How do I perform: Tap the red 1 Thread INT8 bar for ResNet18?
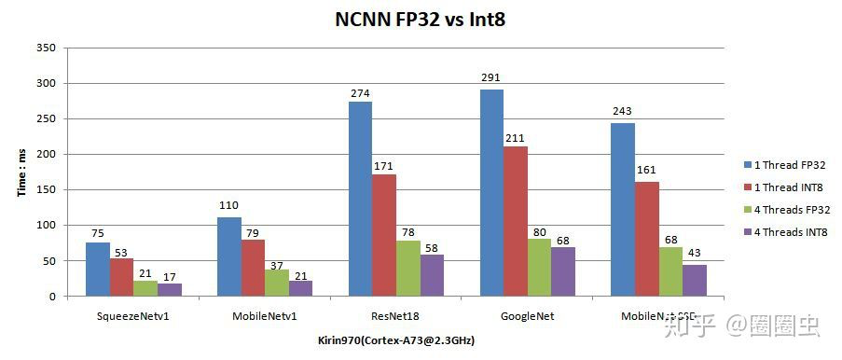384,235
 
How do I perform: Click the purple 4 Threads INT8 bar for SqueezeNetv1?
170,290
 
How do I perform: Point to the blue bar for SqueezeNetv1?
98,270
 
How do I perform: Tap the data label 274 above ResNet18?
360,93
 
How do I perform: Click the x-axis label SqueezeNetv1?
133,316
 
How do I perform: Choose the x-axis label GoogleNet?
528,316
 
